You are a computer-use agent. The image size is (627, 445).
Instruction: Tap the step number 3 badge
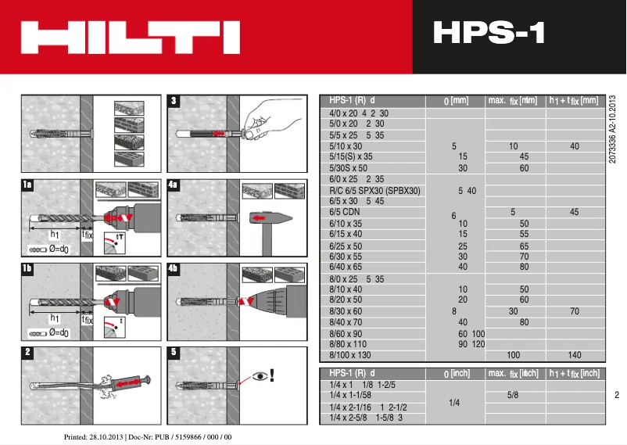(x=174, y=100)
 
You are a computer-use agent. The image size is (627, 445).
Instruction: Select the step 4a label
(x=174, y=185)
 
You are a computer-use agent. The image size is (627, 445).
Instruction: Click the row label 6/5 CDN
(x=344, y=212)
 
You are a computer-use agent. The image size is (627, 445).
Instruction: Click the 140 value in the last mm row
(x=575, y=355)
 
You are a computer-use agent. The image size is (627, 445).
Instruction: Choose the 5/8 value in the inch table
(x=513, y=395)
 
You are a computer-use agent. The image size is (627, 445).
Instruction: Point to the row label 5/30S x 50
(x=349, y=167)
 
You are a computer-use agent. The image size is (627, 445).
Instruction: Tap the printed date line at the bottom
(x=148, y=436)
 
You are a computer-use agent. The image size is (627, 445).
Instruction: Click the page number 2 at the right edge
(x=616, y=395)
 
